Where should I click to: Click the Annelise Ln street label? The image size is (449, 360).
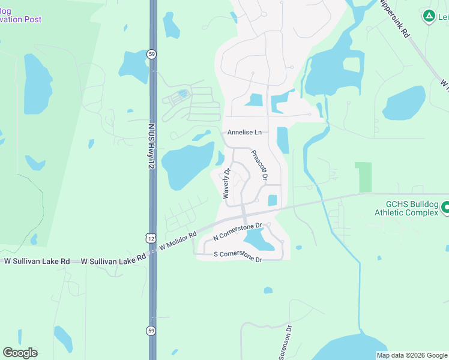244,133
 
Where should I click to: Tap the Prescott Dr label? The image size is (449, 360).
259,166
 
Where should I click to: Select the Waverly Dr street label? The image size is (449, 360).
227,184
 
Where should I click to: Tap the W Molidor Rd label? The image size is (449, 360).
178,241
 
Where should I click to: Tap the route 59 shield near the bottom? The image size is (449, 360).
151,330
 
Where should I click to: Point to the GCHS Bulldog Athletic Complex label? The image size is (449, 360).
406,208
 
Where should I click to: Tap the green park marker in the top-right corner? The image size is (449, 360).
429,16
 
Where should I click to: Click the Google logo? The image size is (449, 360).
20,353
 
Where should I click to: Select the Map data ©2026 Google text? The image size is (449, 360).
411,355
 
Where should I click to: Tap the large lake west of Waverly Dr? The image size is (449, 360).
186,165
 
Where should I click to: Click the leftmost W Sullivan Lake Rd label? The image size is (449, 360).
37,262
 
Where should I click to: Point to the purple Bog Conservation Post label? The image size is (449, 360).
21,15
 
